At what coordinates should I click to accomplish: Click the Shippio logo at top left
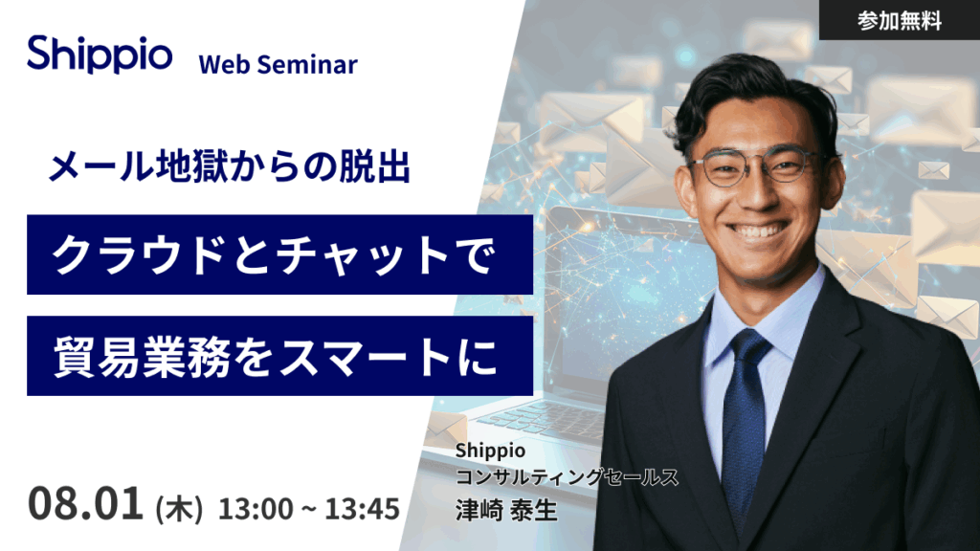(100, 55)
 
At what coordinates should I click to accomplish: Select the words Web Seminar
(278, 64)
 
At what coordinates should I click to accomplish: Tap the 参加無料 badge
(900, 21)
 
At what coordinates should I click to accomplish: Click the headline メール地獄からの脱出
(230, 167)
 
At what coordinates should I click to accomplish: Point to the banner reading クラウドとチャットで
(280, 254)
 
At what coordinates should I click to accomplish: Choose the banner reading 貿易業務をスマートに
(280, 356)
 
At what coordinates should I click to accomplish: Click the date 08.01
(85, 503)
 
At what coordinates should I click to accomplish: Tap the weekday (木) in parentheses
(179, 509)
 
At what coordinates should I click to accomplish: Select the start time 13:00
(255, 509)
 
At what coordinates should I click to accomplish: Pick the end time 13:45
(362, 509)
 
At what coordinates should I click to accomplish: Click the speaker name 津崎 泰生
(506, 510)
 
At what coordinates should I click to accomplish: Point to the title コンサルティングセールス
(567, 477)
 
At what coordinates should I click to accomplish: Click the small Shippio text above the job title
(490, 451)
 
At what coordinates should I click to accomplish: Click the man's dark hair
(750, 94)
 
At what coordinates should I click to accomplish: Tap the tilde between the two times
(309, 510)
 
